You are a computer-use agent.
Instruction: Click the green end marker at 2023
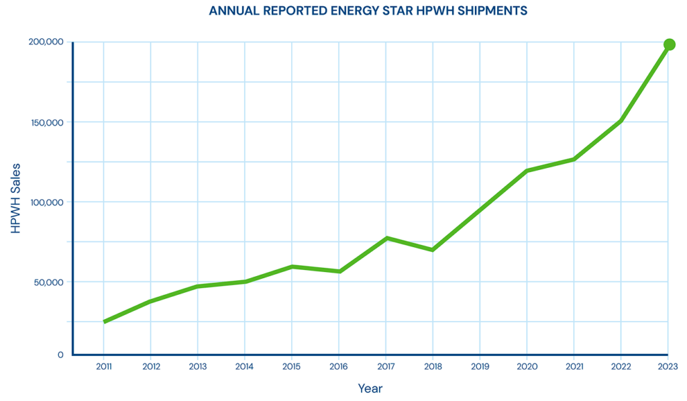(669, 44)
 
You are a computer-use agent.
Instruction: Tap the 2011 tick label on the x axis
(104, 366)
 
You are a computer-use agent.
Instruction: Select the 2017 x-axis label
(386, 366)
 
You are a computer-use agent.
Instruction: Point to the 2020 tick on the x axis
(527, 366)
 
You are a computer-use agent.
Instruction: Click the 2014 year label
(245, 366)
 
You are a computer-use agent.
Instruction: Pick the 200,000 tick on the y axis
(46, 42)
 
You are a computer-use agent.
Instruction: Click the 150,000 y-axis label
(46, 122)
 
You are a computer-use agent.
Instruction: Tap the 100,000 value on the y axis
(46, 202)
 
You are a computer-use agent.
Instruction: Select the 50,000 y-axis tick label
(48, 282)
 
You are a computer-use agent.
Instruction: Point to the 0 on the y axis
(60, 354)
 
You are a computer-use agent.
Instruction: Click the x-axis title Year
(370, 388)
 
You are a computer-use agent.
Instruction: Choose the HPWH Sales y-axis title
(16, 198)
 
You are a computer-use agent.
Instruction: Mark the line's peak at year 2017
(386, 238)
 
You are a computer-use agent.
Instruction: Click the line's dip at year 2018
(433, 250)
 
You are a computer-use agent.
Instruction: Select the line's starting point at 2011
(104, 322)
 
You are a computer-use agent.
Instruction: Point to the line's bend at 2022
(621, 121)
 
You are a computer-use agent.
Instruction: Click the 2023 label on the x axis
(668, 366)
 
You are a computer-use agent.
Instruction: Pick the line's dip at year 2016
(339, 271)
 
